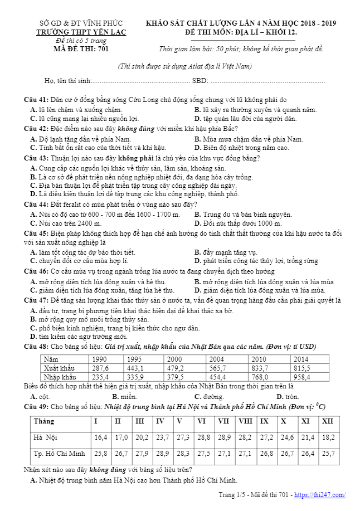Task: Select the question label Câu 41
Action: point(36,99)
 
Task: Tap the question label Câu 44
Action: point(36,205)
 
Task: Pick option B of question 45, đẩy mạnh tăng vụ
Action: point(226,252)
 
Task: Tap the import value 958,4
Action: point(303,377)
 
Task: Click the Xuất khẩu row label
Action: point(59,368)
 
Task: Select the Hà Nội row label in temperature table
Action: point(46,437)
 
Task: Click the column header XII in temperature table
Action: point(327,421)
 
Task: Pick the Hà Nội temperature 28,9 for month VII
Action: point(224,437)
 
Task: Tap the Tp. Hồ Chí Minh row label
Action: point(59,454)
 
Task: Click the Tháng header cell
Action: point(44,421)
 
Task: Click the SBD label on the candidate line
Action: point(200,81)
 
